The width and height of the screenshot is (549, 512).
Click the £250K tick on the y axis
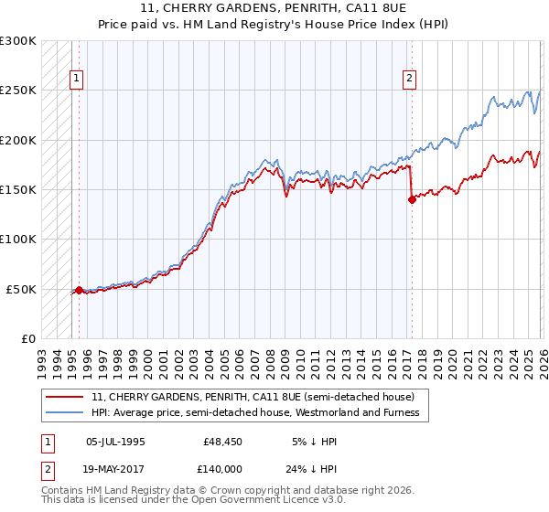(x=18, y=91)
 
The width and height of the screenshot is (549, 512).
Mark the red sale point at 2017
(x=412, y=200)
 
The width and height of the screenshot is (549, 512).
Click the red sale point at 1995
(x=79, y=290)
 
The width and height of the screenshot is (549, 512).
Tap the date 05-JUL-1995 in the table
(x=115, y=442)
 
